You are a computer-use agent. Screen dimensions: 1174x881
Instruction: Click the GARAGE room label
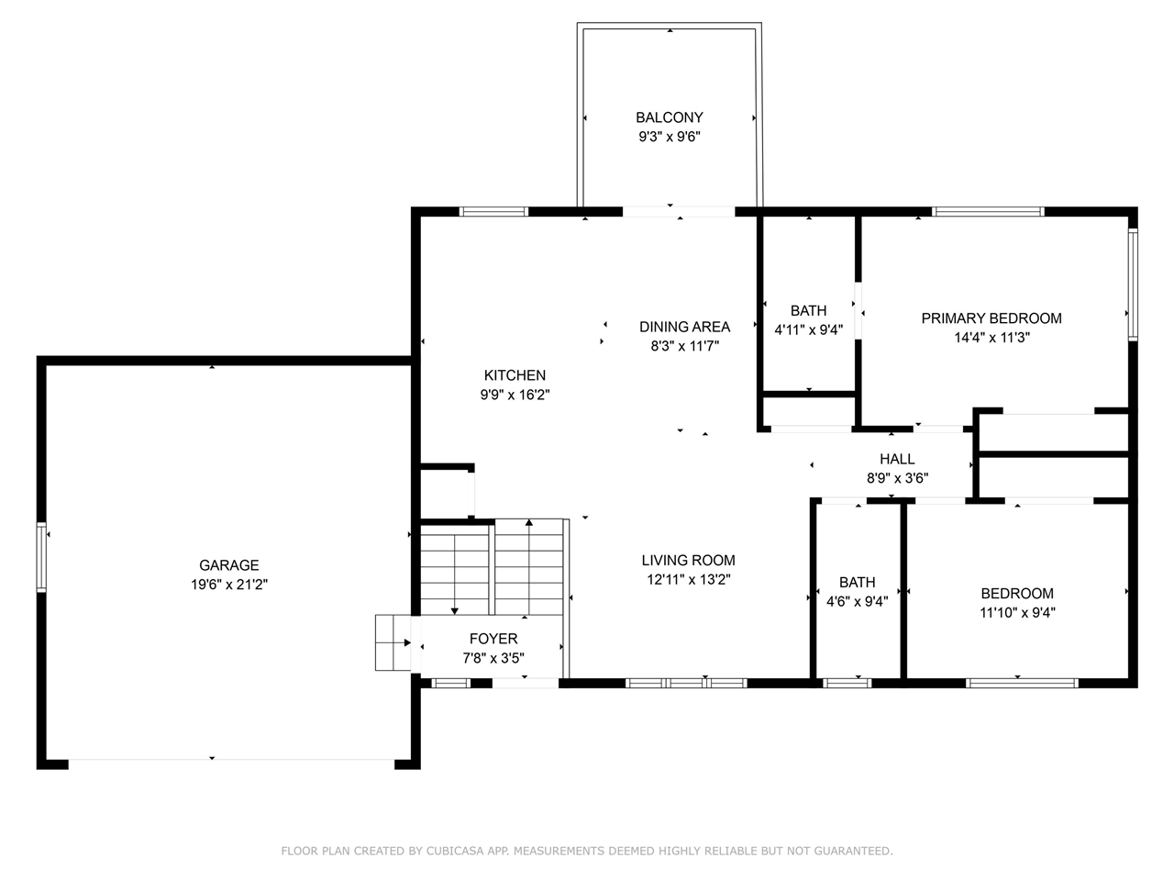229,565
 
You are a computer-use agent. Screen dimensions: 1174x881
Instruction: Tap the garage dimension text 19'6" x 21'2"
229,585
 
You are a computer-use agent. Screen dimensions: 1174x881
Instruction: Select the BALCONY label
670,117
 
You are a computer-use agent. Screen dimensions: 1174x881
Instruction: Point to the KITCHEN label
515,375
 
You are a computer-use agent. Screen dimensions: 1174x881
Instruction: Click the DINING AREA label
684,327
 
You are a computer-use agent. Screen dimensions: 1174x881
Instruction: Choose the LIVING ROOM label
689,560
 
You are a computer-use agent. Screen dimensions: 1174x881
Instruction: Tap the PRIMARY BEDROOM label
991,318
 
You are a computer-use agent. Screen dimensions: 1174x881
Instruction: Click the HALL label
897,459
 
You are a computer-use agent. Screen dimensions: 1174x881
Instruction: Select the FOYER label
493,639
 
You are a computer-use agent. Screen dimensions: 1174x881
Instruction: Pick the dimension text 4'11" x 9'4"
809,330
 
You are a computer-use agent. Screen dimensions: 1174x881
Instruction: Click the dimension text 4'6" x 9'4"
857,602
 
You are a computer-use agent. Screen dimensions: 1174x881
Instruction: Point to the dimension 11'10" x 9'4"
1017,612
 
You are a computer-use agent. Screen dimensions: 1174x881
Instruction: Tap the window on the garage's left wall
41,557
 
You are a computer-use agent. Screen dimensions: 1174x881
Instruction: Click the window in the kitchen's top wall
493,212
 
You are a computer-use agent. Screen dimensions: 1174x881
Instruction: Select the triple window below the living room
686,683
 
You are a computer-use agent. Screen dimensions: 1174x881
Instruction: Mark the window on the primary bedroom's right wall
1133,284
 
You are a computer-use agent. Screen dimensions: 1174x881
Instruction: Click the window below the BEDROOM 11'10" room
1022,683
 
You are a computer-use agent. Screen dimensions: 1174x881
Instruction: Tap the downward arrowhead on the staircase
455,611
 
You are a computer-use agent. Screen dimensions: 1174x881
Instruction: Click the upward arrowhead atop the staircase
529,522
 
